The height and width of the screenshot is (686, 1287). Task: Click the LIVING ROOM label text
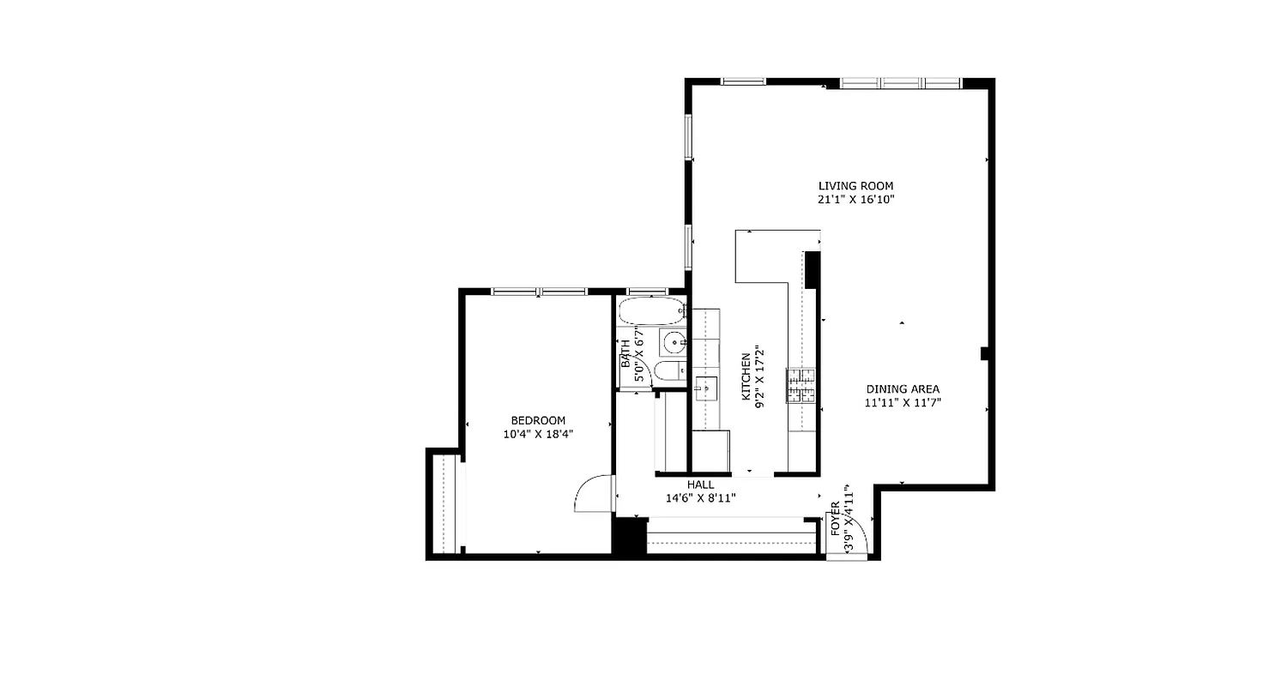tap(855, 185)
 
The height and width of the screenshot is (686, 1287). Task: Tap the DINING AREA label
tap(902, 388)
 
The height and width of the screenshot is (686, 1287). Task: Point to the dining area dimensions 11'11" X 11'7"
tap(903, 402)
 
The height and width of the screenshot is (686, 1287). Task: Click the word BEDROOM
tap(538, 420)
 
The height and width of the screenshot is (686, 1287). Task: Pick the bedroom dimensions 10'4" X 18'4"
tap(538, 435)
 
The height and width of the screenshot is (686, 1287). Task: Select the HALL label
tap(700, 484)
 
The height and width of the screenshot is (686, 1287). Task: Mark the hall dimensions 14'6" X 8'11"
tap(700, 498)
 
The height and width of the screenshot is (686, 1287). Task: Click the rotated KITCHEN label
tap(746, 376)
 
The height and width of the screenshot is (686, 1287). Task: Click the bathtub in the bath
tap(652, 310)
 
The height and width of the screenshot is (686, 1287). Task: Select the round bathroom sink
tap(674, 342)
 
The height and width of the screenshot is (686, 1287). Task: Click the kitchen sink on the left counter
tap(705, 388)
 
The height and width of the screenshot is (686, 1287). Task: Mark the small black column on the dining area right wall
tap(986, 352)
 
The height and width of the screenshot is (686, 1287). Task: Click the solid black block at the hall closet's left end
tap(628, 537)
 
